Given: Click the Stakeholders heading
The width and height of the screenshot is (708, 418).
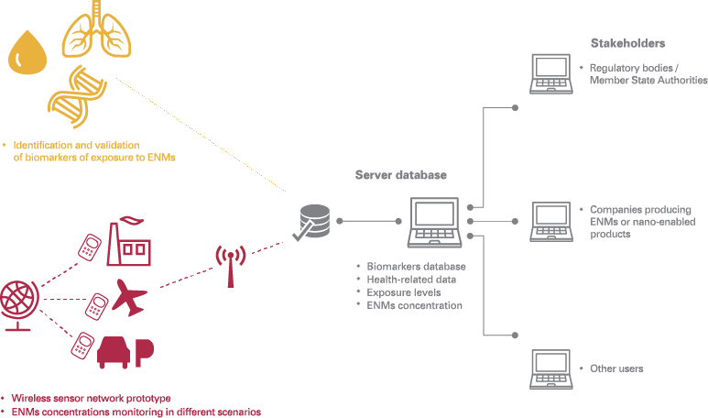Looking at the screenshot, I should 628,43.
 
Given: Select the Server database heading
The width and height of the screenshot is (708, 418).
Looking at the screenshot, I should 401,175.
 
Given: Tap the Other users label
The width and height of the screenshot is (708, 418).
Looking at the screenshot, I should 616,368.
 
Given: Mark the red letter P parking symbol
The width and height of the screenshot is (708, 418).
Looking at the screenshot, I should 143,352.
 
